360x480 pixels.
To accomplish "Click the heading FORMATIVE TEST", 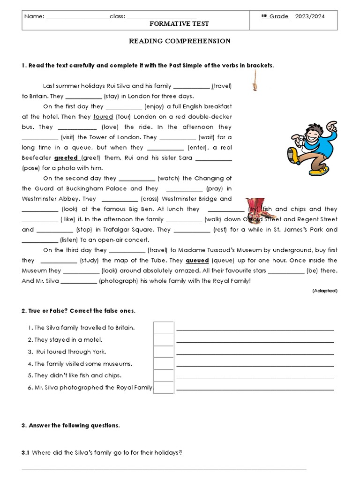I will [179, 23].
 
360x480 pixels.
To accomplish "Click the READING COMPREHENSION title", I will [180, 41].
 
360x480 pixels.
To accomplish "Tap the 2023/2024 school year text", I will [310, 16].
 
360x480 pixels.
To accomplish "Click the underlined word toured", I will [103, 117].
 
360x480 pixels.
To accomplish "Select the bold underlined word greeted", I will [66, 158].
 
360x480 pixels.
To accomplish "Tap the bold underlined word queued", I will [197, 260].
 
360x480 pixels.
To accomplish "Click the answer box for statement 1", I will [164, 328].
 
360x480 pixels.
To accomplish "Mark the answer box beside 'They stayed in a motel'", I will [164, 340].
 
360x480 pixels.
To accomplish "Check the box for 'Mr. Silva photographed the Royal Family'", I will [164, 388].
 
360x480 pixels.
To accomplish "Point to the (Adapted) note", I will [324, 291].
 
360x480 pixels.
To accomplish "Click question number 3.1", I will [25, 452].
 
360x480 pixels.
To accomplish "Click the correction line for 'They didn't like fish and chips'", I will [255, 376].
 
